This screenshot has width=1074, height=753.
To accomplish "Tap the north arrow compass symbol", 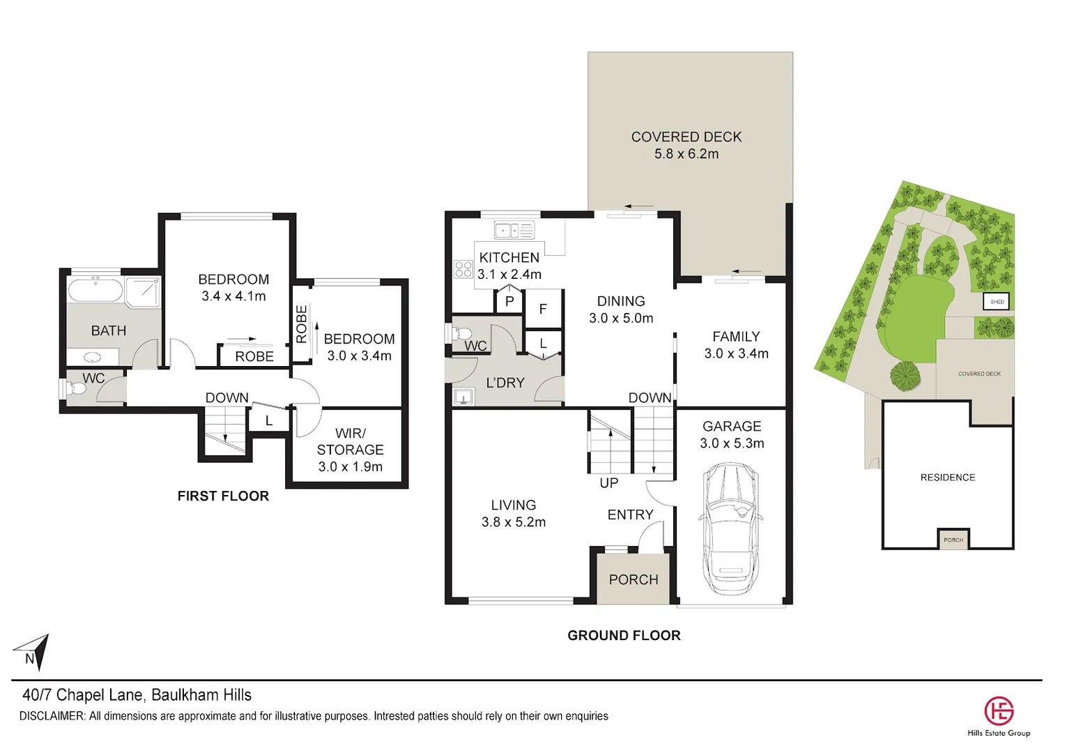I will (x=34, y=652).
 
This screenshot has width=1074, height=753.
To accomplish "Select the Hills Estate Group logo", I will (x=998, y=711).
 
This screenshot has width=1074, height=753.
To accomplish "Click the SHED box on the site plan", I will (x=997, y=302).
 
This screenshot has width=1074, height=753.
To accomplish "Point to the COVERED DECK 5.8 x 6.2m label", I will (x=686, y=145).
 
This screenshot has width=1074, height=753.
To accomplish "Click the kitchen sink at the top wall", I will (x=514, y=230).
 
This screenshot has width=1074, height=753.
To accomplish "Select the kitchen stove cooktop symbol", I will (x=463, y=269).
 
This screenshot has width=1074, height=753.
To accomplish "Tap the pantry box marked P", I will (x=509, y=301).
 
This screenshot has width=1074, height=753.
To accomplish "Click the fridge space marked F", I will (x=543, y=308).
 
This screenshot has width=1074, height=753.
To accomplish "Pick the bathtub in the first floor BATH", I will (x=95, y=289).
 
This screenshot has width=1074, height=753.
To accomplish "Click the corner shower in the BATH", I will (x=144, y=292).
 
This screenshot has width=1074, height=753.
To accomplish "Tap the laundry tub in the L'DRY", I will (x=463, y=397).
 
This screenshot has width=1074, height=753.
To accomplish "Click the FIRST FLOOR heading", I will (x=223, y=496).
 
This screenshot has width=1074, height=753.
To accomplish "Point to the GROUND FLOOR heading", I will (x=624, y=635).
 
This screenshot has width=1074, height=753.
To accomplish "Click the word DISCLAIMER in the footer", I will (x=52, y=716).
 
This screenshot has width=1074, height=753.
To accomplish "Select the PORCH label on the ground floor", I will (x=633, y=579).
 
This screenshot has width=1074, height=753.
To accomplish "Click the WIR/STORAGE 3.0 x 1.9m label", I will (x=350, y=450).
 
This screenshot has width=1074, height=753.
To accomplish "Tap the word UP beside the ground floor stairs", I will (x=608, y=482).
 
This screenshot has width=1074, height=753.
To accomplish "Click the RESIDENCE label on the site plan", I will (x=947, y=478).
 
